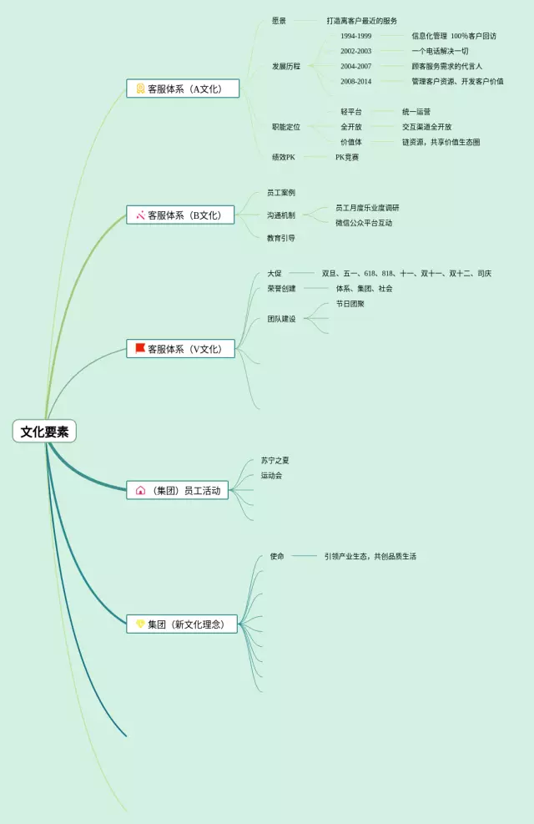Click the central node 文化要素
(44, 432)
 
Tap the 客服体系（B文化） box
(180, 215)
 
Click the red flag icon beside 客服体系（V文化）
(140, 348)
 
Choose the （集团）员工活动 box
(177, 491)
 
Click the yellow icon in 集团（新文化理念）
(140, 624)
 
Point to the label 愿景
(279, 21)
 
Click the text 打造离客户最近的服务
(361, 21)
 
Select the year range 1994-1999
(355, 36)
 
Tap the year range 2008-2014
(355, 81)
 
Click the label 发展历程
(285, 66)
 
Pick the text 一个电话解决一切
(440, 51)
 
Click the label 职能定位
(285, 127)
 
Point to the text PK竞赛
(347, 157)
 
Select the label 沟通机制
(281, 215)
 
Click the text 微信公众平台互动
(364, 223)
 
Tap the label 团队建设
(281, 319)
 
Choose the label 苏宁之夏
(275, 460)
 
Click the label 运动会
(271, 475)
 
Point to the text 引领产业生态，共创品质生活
(370, 556)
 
